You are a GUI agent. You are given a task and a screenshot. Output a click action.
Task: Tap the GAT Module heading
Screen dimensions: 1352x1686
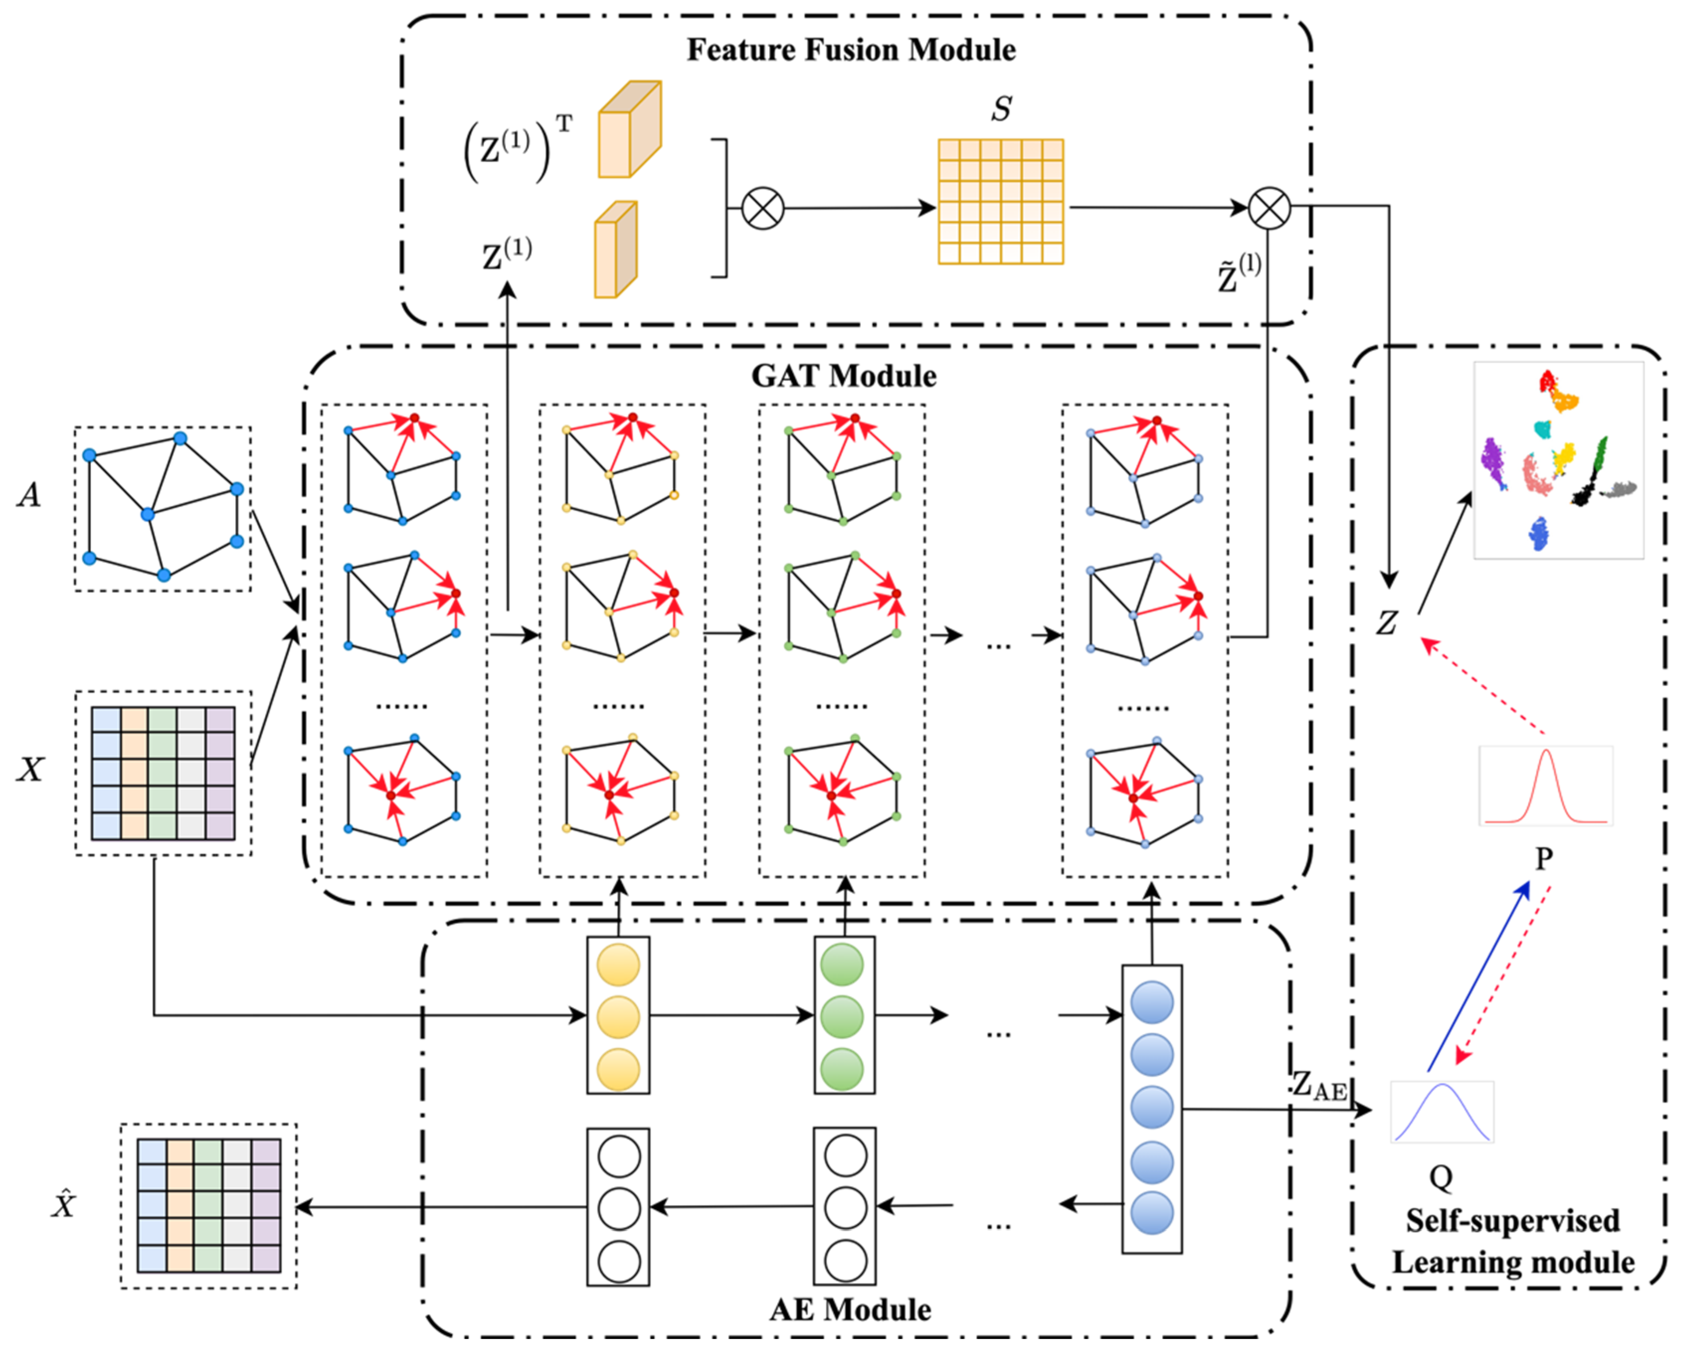844,376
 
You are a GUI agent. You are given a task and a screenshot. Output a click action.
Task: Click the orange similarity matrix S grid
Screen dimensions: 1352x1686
1000,202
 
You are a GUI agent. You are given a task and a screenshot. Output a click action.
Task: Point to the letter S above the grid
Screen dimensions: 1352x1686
1001,109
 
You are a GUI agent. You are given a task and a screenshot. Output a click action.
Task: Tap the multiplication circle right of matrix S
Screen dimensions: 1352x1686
1269,208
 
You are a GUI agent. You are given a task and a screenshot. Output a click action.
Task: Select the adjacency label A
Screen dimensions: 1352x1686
29,494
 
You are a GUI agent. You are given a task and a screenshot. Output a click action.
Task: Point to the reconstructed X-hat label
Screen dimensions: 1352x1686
63,1205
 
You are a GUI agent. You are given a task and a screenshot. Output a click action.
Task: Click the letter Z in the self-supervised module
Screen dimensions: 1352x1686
1387,623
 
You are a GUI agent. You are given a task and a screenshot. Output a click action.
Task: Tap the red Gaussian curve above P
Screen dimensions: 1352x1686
1545,786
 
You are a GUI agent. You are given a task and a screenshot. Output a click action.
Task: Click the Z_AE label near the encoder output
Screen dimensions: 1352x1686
1319,1085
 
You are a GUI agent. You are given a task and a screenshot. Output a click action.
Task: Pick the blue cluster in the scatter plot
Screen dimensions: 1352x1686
1539,534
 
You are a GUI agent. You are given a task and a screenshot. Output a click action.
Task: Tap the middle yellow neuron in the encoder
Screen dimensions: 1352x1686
618,1016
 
